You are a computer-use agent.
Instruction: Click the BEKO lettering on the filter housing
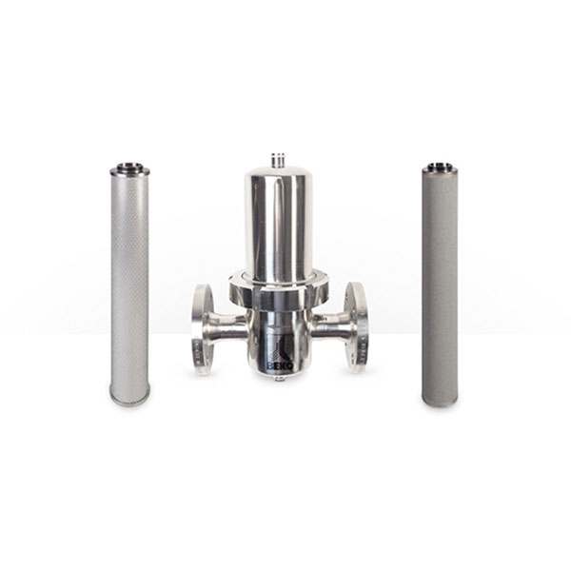tap(281, 365)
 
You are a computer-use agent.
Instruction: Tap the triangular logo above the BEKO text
tap(284, 349)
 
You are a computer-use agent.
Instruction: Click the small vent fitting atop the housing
tap(278, 160)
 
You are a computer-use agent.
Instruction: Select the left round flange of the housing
tap(202, 329)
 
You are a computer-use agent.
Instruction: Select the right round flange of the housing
tap(356, 327)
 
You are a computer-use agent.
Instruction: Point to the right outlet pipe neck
tap(328, 325)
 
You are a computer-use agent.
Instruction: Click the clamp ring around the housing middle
tap(279, 287)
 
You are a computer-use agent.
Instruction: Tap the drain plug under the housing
tap(279, 379)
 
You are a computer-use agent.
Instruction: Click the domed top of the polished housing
tap(276, 173)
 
